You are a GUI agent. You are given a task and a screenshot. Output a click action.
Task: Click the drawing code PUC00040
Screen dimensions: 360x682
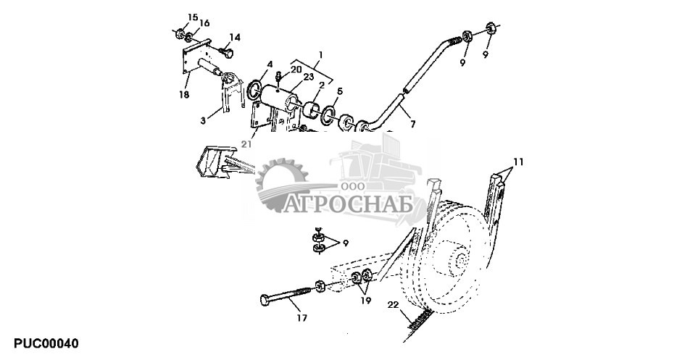point(45,342)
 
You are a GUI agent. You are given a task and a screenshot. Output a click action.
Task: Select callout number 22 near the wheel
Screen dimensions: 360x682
point(392,305)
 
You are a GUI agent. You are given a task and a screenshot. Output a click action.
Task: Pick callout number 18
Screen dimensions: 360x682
point(185,95)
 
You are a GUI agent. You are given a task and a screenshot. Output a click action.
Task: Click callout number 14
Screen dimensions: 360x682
point(234,37)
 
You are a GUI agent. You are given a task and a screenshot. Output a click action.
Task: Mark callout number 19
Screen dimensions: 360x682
point(365,299)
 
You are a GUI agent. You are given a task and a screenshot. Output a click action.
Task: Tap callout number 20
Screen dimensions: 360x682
point(295,68)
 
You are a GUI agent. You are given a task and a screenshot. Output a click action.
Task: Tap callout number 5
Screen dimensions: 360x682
point(340,92)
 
